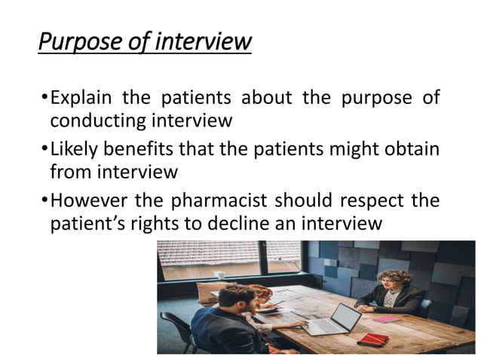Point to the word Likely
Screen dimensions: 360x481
pyautogui.click(x=76, y=149)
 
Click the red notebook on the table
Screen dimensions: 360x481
pyautogui.click(x=372, y=339)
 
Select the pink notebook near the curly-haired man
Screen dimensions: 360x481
pyautogui.click(x=386, y=319)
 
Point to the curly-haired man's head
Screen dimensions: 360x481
pyautogui.click(x=397, y=278)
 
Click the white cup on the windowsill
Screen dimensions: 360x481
pyautogui.click(x=219, y=275)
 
